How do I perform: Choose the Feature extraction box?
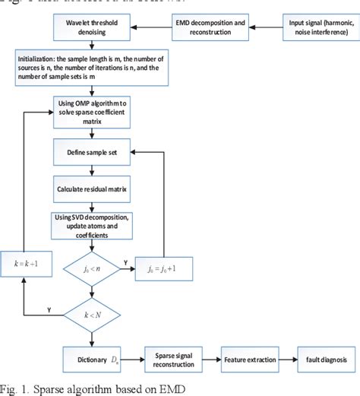pyautogui.click(x=248, y=357)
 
